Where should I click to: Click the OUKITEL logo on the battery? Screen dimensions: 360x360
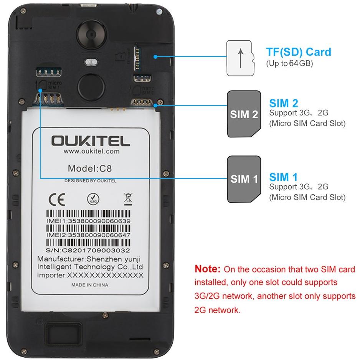click(x=91, y=141)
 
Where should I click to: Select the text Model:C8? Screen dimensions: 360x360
click(x=90, y=168)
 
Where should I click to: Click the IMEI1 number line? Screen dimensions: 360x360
click(x=88, y=221)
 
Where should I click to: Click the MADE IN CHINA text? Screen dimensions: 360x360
click(x=90, y=285)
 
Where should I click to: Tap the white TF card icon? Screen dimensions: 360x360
click(x=241, y=58)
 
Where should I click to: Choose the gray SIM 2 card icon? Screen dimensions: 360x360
click(x=244, y=114)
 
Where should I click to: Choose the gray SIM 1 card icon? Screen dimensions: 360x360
click(x=244, y=179)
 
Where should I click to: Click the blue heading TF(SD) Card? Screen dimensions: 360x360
click(x=299, y=52)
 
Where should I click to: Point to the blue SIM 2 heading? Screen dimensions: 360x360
click(x=284, y=103)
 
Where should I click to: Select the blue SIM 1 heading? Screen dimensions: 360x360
click(x=283, y=177)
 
